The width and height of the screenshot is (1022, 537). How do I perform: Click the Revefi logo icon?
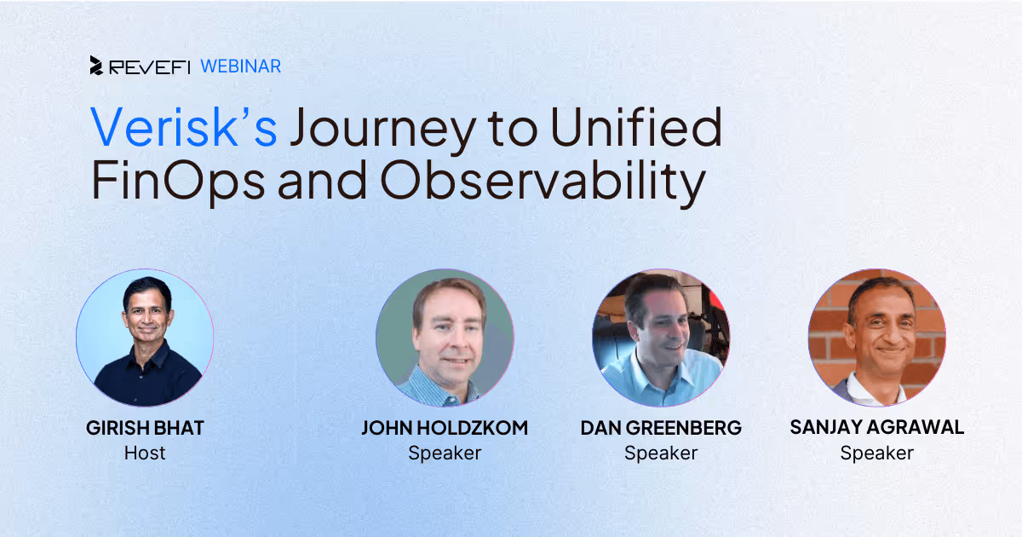(x=96, y=66)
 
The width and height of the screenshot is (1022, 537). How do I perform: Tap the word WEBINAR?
(x=241, y=66)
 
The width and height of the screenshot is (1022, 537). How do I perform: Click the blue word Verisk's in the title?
(x=183, y=126)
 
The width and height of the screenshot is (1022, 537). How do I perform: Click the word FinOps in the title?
(x=178, y=182)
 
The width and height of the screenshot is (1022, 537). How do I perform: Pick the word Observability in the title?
(x=543, y=182)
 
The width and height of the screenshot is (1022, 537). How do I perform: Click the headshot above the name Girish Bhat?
(x=145, y=338)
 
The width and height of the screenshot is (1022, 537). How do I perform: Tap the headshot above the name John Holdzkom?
(x=445, y=338)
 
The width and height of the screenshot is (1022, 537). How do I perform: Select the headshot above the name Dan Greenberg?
(x=661, y=338)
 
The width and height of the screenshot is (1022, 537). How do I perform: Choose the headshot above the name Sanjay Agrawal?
(x=877, y=338)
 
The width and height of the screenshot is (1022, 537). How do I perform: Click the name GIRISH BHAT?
(x=145, y=428)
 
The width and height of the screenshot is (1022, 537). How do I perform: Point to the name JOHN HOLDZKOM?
(x=445, y=428)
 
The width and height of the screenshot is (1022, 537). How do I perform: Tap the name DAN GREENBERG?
(x=661, y=428)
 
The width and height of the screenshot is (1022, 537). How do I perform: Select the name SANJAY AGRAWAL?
(x=877, y=427)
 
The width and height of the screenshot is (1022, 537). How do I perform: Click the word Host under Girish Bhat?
(x=145, y=453)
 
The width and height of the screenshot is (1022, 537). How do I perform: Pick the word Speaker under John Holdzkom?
(x=445, y=453)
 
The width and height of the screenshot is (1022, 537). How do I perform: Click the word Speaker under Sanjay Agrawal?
(x=877, y=453)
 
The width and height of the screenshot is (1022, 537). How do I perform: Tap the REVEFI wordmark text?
(x=150, y=68)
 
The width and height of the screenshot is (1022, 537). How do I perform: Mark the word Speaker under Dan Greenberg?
(x=661, y=453)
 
